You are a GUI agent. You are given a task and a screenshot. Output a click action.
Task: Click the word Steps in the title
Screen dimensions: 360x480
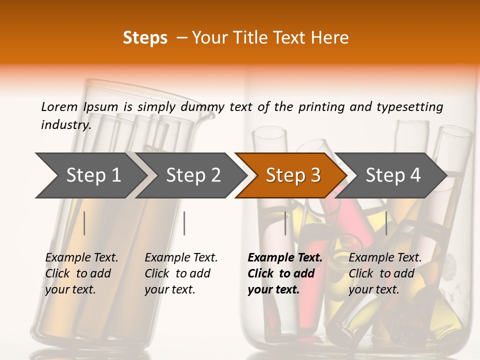point(145,38)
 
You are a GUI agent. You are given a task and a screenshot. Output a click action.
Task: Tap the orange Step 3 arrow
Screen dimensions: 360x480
point(293,175)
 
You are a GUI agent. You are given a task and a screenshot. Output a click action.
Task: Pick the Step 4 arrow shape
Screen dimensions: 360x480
point(393,175)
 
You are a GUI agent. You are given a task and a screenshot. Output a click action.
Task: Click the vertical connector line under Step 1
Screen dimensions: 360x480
point(84,223)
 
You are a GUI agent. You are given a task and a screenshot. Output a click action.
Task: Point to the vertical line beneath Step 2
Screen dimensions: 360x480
point(184,223)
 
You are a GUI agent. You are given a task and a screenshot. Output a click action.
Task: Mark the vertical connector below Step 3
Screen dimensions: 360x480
point(285,223)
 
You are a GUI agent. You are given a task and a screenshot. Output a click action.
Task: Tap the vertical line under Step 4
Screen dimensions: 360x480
point(386,223)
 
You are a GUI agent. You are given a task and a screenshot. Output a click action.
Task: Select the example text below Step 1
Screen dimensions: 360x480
point(81,273)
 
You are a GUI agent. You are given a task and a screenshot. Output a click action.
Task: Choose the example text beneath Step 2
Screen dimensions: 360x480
point(181,273)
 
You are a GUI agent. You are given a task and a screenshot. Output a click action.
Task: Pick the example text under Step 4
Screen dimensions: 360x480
point(385,273)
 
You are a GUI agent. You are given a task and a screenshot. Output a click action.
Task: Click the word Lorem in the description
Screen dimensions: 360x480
point(59,106)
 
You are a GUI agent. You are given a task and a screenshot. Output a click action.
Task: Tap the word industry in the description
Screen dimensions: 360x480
point(66,125)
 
